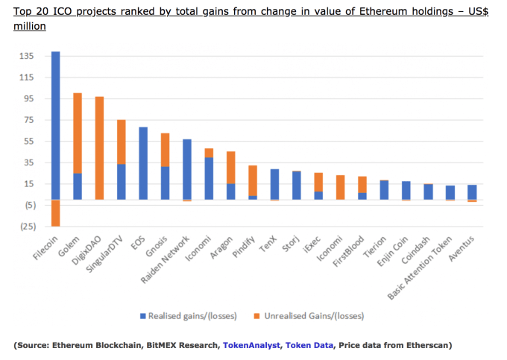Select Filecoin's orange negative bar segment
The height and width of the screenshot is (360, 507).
[55, 212]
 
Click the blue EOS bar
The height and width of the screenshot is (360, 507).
[143, 163]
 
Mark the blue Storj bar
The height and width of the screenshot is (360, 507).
[297, 185]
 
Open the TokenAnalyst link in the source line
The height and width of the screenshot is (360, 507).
[252, 345]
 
